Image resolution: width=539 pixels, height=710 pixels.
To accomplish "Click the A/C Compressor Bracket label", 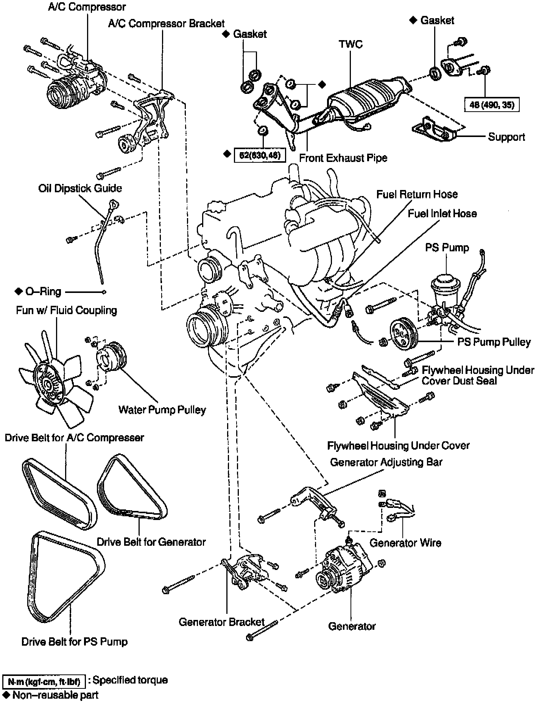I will [x=166, y=24].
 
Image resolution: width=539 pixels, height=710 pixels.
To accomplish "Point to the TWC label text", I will [x=351, y=44].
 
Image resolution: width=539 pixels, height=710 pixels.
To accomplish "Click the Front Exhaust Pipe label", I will [x=343, y=158].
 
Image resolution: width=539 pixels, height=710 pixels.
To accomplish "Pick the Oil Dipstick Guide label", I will [x=80, y=188].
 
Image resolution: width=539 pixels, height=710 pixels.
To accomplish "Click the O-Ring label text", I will [x=43, y=291].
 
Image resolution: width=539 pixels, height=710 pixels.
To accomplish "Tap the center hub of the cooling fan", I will [x=47, y=385].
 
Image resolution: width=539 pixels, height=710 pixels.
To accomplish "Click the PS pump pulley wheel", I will [x=403, y=334].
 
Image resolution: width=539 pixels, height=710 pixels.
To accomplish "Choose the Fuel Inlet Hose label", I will [x=442, y=213].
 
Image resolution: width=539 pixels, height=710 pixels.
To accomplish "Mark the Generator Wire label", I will [x=405, y=543].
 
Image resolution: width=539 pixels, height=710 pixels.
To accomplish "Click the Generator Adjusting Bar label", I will [x=386, y=462].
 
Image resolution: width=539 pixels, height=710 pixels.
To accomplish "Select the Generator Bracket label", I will [x=221, y=622].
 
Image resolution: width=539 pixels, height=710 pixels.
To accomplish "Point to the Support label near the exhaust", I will [x=506, y=137].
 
